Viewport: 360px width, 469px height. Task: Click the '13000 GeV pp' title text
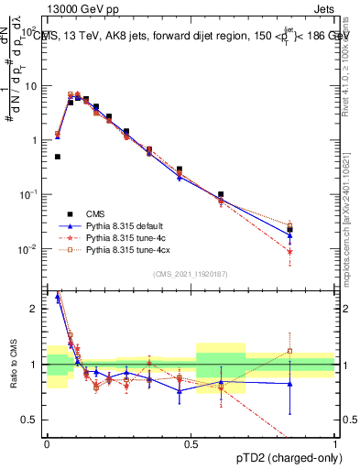[x=66, y=8]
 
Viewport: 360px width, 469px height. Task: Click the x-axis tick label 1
[x=334, y=443]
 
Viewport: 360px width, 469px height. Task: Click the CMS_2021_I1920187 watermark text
[x=190, y=274]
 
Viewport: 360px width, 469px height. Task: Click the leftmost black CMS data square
[x=58, y=157]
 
